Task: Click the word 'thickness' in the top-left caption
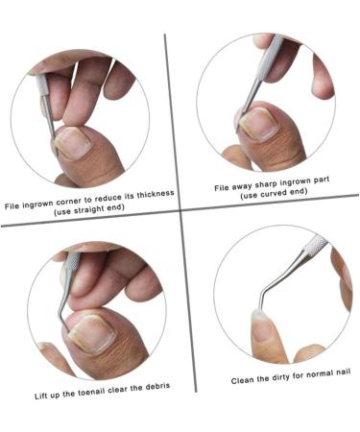(x=152, y=192)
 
